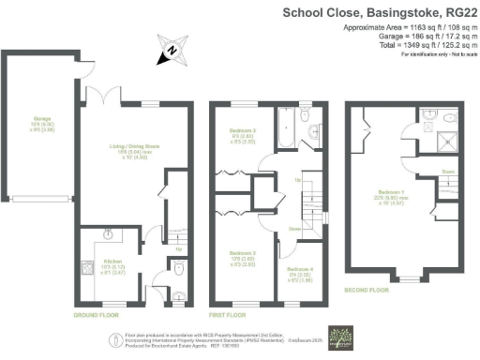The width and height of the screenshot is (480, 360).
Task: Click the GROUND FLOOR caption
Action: tap(95, 317)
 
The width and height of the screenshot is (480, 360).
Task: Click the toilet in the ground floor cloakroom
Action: tap(180, 271)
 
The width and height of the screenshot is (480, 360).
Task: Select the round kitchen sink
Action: tap(110, 236)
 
